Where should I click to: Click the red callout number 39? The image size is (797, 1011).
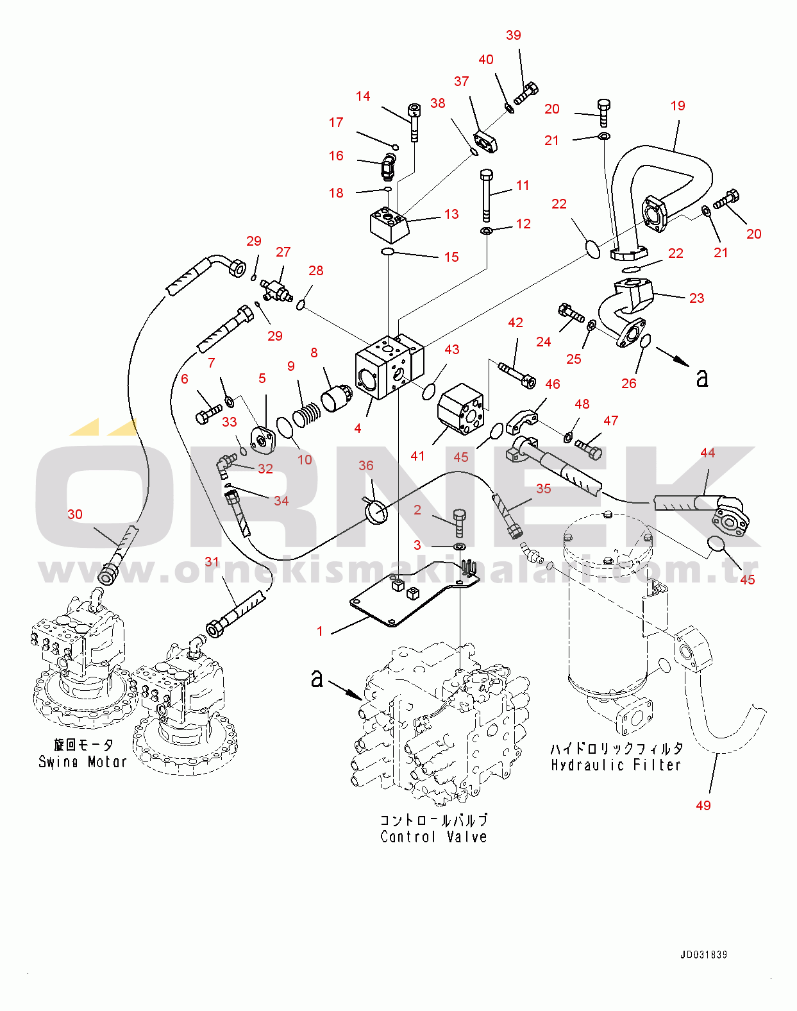coord(514,35)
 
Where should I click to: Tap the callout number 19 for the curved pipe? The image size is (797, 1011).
coord(678,106)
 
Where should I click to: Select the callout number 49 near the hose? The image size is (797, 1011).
coord(703,805)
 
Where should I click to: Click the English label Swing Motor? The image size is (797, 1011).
coord(83,762)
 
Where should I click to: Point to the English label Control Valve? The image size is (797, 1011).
coord(433,837)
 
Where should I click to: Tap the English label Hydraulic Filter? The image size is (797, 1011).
coord(616,765)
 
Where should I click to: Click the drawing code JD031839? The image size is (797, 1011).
coord(703,955)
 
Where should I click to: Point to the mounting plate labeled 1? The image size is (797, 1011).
coord(410,597)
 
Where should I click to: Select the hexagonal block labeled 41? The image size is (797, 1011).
coord(460,411)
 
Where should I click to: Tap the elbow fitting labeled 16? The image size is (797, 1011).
coord(387,166)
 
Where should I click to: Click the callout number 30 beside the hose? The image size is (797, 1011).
coord(75,514)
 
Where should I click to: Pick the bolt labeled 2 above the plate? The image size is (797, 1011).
coord(460,523)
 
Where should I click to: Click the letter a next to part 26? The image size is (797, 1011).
coord(703,378)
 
